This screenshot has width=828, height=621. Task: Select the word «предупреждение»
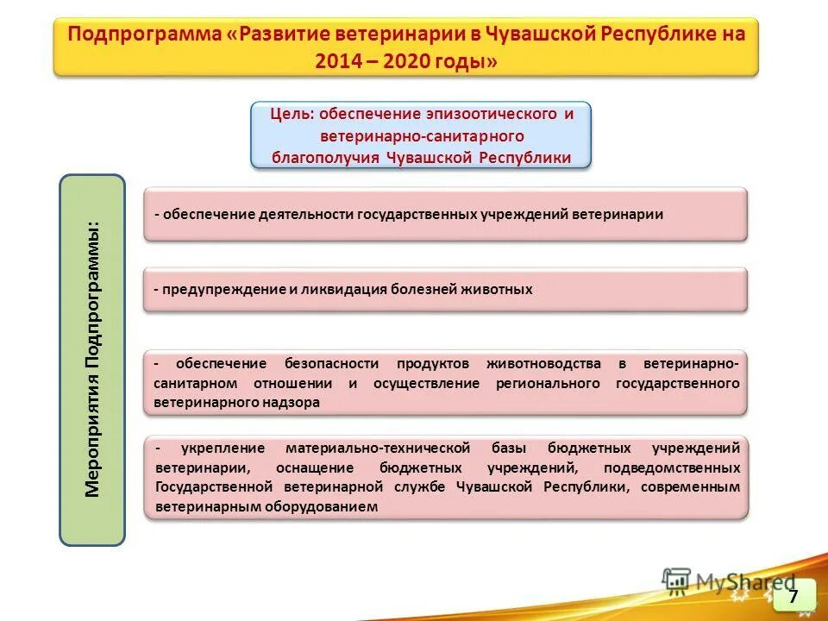coord(223,290)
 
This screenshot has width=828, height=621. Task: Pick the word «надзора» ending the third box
coord(296,402)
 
